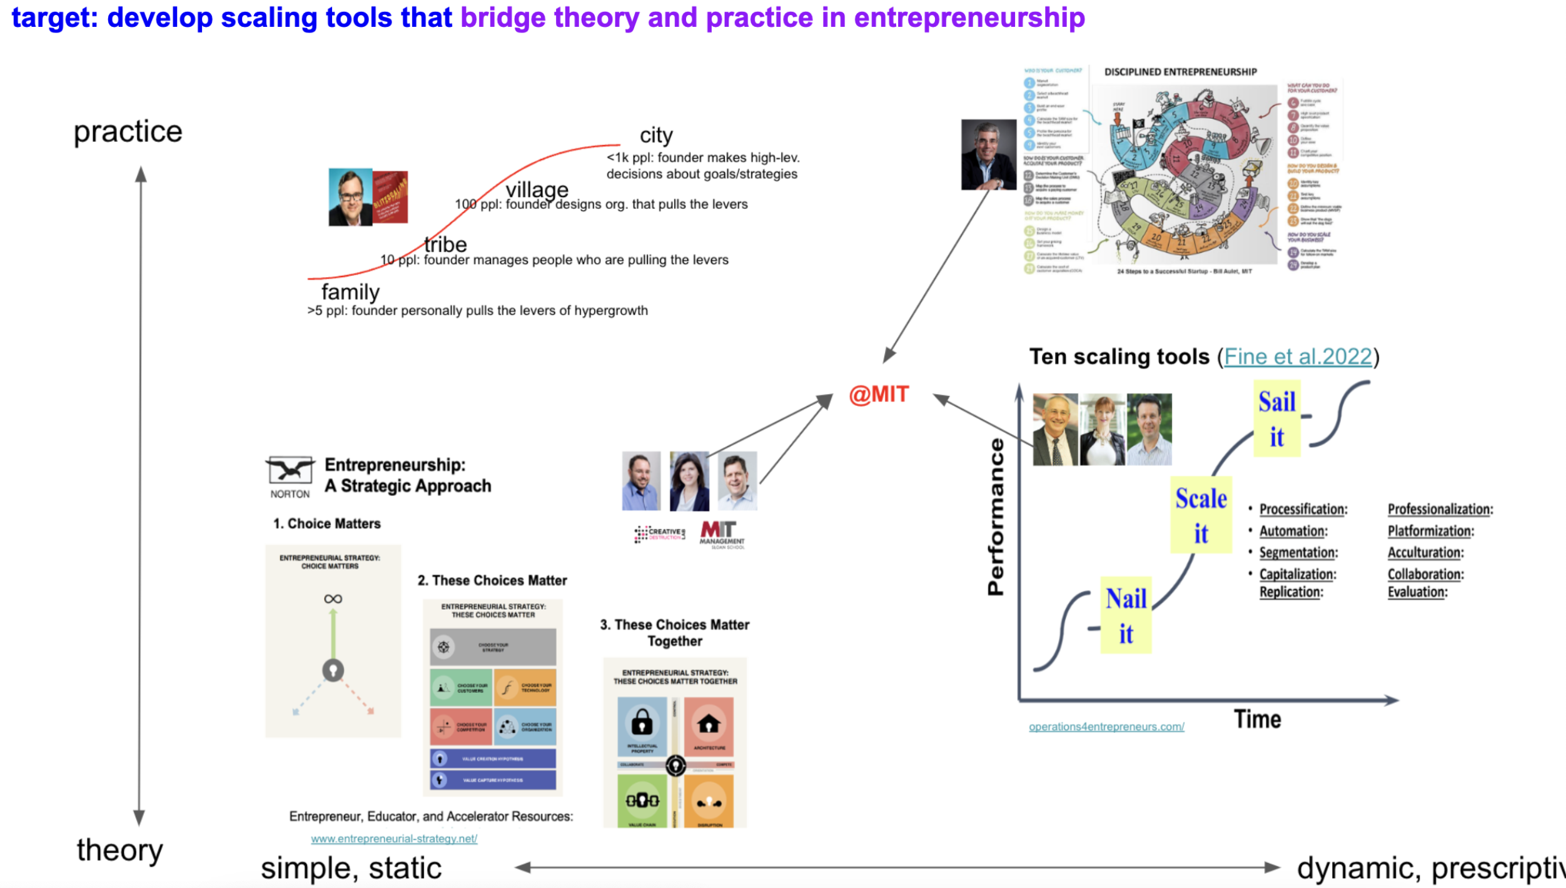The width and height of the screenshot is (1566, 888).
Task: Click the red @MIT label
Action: click(x=879, y=395)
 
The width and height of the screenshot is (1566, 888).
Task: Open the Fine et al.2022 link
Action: click(x=1298, y=356)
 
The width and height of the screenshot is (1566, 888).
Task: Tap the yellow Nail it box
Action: click(x=1126, y=615)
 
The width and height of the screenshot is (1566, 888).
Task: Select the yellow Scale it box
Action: click(x=1201, y=515)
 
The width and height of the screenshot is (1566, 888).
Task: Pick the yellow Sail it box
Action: click(x=1276, y=418)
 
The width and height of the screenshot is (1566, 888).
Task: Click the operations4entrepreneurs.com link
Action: click(x=1106, y=727)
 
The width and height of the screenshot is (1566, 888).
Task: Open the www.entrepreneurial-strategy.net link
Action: click(x=394, y=839)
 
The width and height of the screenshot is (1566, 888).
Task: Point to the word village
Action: click(x=537, y=189)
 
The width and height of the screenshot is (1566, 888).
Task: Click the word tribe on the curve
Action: click(x=445, y=244)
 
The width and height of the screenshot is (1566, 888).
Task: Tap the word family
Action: click(x=350, y=292)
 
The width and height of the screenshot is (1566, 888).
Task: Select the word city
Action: click(x=656, y=135)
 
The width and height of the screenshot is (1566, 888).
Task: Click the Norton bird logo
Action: click(x=290, y=471)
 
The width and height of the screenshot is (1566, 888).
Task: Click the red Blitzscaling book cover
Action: click(x=391, y=197)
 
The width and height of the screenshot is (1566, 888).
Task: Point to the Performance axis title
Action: click(x=995, y=517)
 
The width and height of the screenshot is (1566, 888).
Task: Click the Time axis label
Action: click(x=1257, y=719)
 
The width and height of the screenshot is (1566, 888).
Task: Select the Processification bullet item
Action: click(x=1303, y=509)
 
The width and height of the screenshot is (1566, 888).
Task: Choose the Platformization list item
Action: click(x=1430, y=531)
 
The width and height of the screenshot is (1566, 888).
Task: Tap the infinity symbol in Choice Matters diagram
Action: click(x=333, y=599)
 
